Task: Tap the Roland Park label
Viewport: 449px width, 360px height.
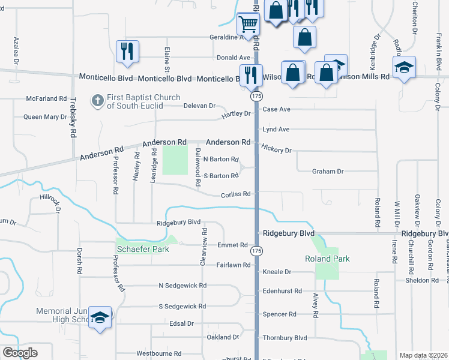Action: pos(327,259)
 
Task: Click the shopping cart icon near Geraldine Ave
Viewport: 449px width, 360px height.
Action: pos(248,25)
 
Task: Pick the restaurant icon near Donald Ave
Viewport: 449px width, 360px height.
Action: pos(127,51)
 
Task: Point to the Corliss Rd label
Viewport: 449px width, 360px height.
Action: pos(235,194)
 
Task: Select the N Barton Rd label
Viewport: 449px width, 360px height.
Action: pos(221,159)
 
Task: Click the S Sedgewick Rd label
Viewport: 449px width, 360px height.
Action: pos(182,306)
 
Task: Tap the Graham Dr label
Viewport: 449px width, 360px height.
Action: pos(328,171)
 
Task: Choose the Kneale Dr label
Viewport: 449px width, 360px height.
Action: pos(277,272)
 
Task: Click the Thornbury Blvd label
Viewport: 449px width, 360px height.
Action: pos(285,338)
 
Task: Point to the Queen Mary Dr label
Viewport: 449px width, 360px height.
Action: pos(45,116)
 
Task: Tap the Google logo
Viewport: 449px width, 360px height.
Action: pos(19,353)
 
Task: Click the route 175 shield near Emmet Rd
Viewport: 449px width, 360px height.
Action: pos(257,250)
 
